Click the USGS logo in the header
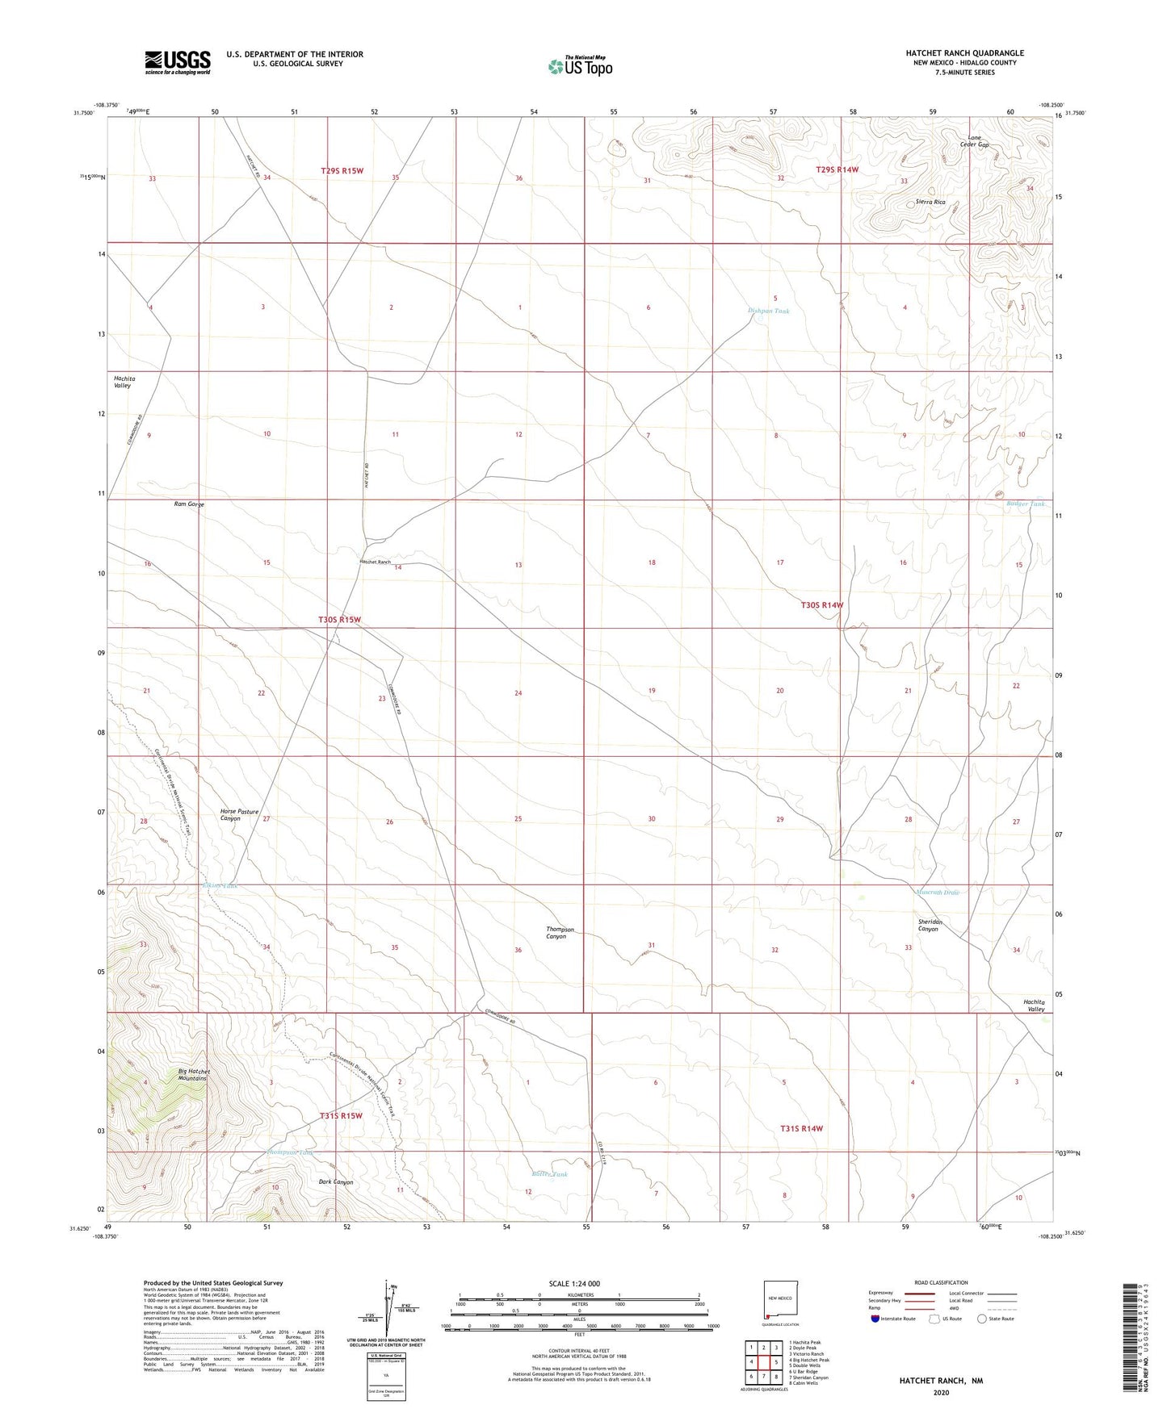pos(177,61)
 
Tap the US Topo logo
pos(580,65)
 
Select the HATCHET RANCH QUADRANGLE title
pos(964,53)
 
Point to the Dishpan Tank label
pos(768,311)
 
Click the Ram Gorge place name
pos(189,504)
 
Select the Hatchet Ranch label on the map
pos(375,562)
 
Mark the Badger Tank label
pos(1025,504)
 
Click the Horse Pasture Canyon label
pos(239,815)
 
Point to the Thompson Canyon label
pos(560,933)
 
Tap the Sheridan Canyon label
pos(930,925)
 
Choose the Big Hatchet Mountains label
pos(193,1075)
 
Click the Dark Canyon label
pos(336,1182)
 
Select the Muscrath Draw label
pos(937,893)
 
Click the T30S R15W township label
pos(339,620)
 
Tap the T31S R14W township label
pos(801,1128)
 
